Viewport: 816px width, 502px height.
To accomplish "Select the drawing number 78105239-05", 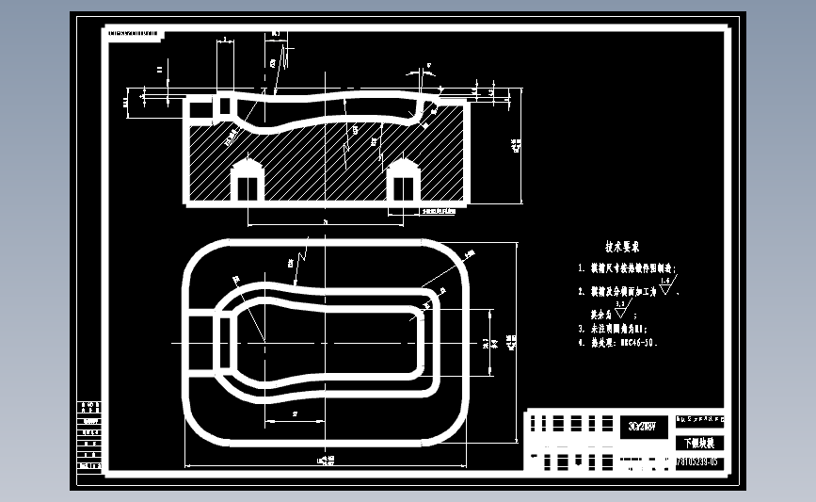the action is pos(696,462).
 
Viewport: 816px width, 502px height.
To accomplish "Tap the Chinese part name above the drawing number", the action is pos(698,443).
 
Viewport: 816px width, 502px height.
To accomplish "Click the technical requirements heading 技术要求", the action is pos(622,248).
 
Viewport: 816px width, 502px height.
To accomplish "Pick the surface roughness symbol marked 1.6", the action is pos(666,285).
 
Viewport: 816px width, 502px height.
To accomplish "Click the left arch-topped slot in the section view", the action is pos(248,181).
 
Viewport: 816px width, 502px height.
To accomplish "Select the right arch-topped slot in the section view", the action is pos(403,181).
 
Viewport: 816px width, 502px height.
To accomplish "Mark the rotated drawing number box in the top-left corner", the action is pos(134,32).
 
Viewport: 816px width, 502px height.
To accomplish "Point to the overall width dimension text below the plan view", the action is pos(327,461).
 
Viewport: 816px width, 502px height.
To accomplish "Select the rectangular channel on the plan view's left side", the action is pos(203,342).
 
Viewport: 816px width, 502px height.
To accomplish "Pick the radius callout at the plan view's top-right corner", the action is pos(468,253).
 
